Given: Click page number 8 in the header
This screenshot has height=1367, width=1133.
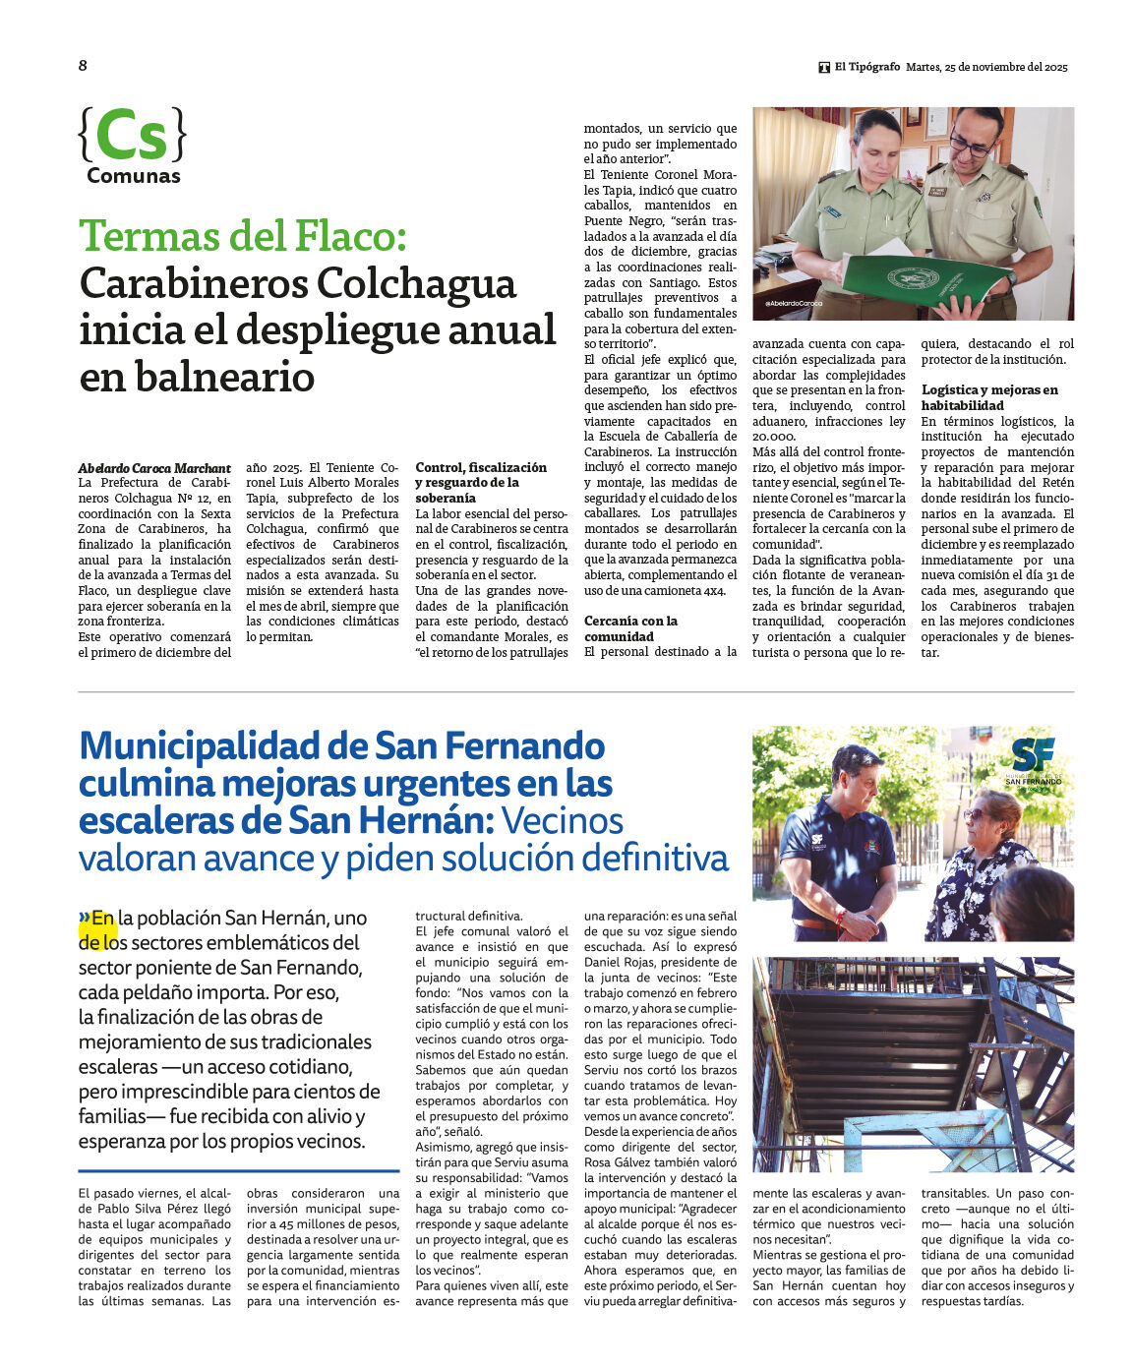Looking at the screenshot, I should [x=83, y=66].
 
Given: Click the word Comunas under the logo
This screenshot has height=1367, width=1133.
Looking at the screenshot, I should [x=134, y=176].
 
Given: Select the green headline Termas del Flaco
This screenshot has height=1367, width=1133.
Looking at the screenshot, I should [x=242, y=236].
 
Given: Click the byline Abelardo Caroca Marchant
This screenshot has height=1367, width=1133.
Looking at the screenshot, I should [x=154, y=468].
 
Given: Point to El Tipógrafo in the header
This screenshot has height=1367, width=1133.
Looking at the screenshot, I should [x=866, y=67].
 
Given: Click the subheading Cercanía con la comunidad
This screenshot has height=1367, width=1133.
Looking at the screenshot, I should [x=630, y=628].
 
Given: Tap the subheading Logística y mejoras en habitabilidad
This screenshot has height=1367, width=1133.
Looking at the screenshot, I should [x=989, y=397].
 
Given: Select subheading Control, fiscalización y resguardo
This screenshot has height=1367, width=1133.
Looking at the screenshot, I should [x=481, y=483].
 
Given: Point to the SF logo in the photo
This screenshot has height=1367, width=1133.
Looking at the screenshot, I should [x=1033, y=755].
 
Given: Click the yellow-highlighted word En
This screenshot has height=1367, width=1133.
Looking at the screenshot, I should [x=103, y=919].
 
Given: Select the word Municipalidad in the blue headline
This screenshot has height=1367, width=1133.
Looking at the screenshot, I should [x=200, y=746].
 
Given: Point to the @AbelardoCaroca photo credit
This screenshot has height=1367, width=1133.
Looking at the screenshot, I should [x=794, y=304].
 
